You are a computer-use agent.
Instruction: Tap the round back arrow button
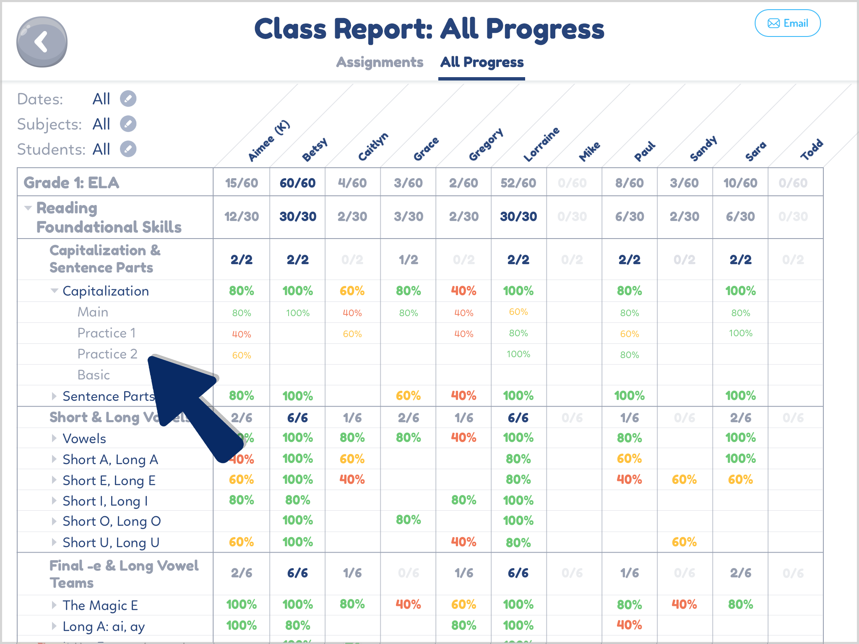(x=42, y=42)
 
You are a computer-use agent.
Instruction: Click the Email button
(x=787, y=23)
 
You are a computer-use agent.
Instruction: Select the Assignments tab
(x=380, y=62)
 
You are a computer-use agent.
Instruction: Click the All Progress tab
(x=482, y=62)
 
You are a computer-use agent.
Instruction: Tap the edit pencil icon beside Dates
(x=128, y=99)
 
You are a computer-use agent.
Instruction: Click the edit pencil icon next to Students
(x=128, y=149)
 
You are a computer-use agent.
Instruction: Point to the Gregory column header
(x=486, y=145)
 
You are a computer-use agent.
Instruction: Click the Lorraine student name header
(x=541, y=145)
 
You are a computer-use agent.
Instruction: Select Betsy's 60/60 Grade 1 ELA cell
(x=297, y=183)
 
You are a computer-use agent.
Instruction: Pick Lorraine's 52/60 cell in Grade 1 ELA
(x=518, y=183)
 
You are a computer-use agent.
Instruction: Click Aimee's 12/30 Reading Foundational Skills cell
(x=241, y=217)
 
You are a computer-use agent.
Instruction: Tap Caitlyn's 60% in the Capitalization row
(x=352, y=291)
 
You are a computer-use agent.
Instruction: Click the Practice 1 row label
(x=107, y=333)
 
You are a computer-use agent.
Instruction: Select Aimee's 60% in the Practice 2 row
(x=241, y=356)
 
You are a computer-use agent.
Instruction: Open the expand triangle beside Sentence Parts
(x=54, y=396)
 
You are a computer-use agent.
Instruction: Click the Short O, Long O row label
(x=112, y=522)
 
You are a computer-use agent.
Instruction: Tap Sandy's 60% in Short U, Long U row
(x=684, y=542)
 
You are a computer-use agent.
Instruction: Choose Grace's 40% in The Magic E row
(x=408, y=605)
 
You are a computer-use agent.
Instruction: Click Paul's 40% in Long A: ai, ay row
(x=629, y=625)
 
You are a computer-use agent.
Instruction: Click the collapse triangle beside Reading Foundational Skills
(x=28, y=208)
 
